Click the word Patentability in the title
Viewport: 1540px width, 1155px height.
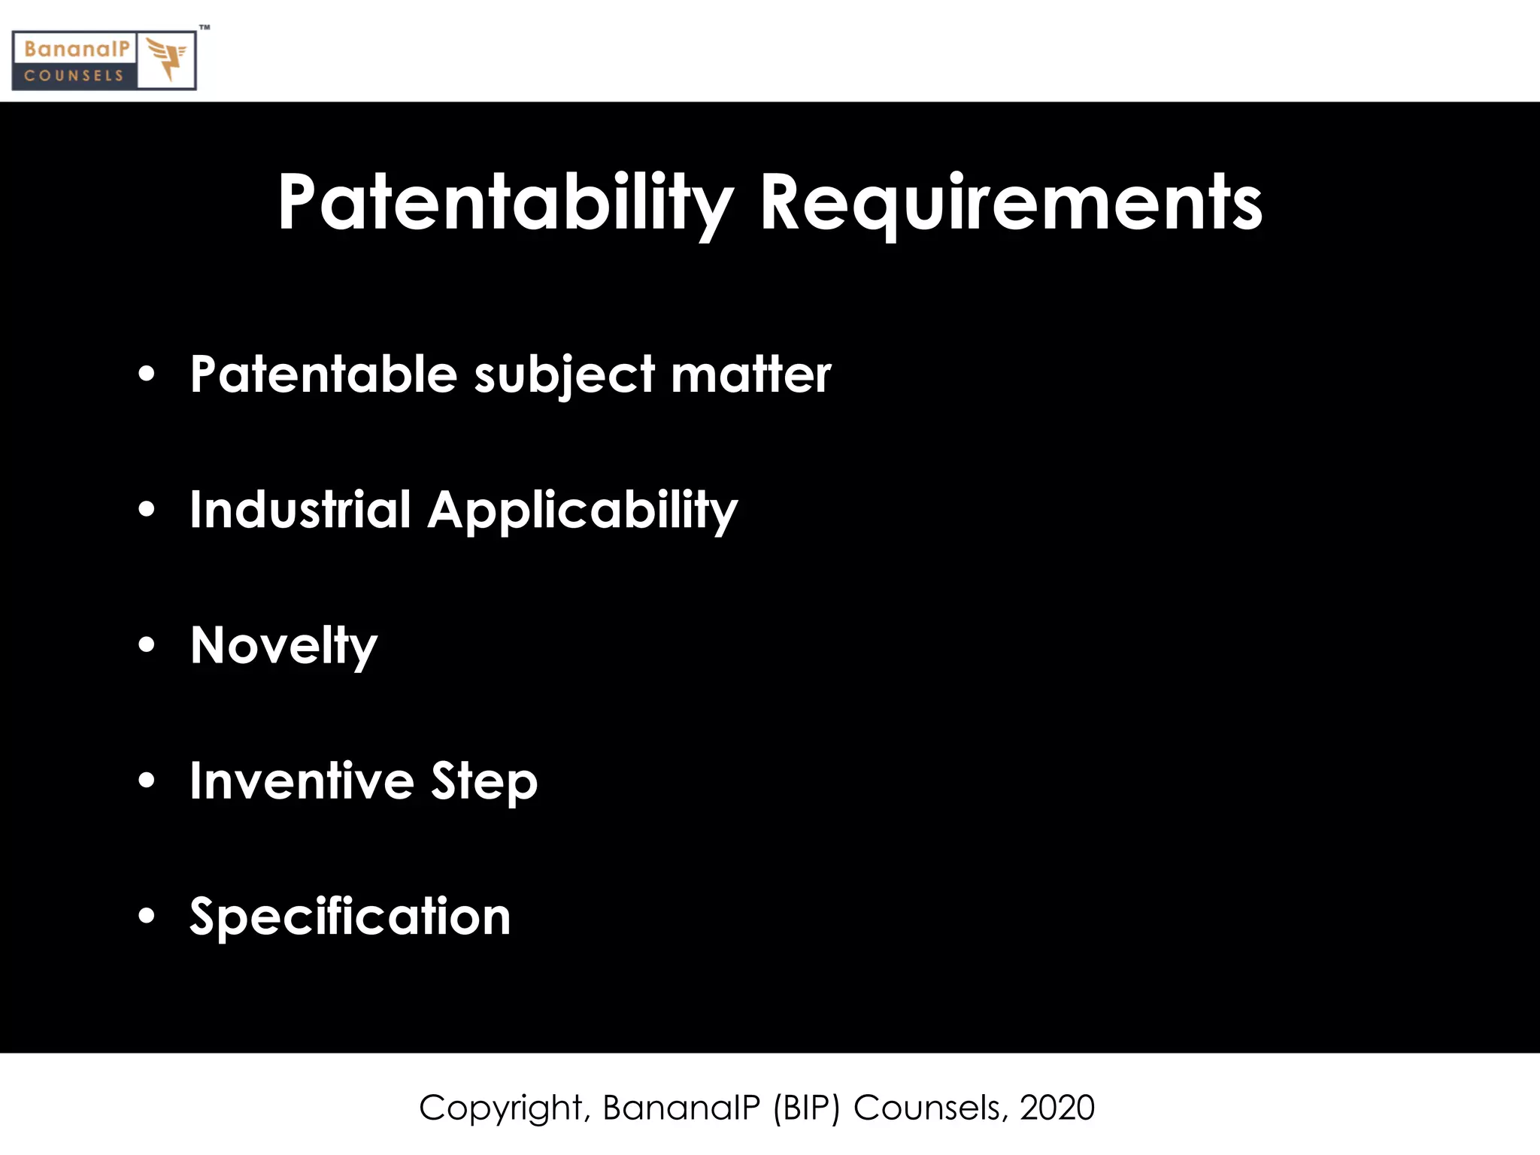505,203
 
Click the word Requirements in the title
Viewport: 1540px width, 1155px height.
1011,203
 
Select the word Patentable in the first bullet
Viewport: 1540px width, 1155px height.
323,374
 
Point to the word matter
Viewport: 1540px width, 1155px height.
751,374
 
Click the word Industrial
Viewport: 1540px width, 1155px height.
300,509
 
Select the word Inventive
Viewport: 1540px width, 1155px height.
302,781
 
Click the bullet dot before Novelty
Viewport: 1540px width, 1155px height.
147,644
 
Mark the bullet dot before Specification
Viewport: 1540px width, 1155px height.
147,915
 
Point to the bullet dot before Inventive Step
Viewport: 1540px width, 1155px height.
147,780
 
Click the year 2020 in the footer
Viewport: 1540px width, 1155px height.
1056,1108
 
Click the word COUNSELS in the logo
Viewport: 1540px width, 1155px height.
74,76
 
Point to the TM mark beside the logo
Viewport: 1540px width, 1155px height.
205,28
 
